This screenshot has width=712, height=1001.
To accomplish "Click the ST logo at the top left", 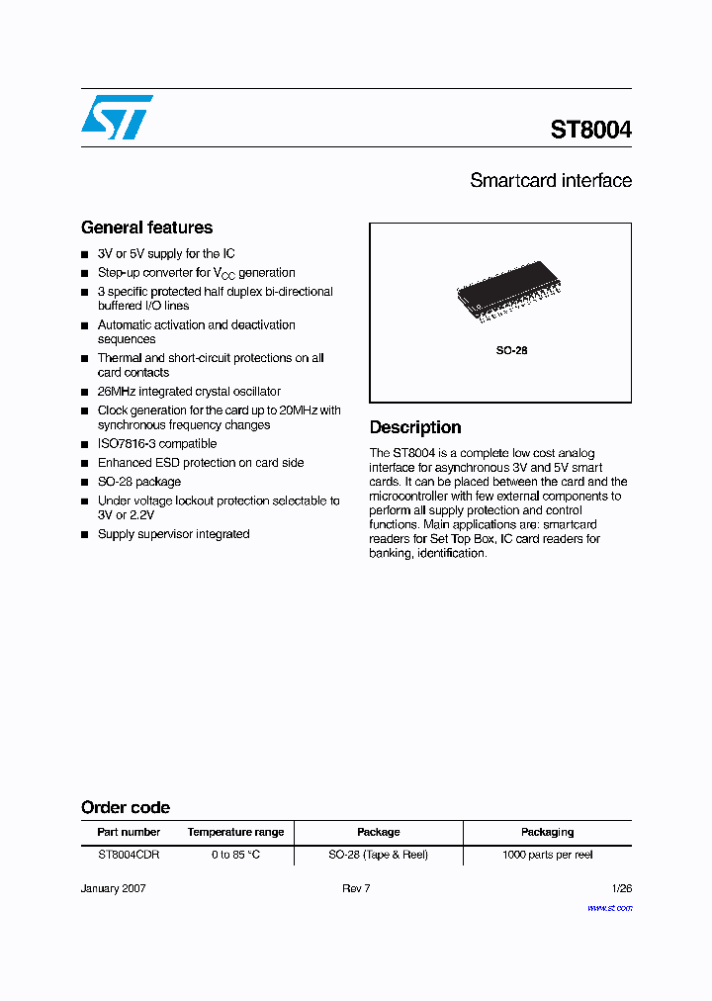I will (117, 117).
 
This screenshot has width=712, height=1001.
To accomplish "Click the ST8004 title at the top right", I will (590, 130).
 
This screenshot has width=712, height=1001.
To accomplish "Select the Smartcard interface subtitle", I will (551, 181).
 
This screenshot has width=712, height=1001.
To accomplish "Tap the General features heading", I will (146, 227).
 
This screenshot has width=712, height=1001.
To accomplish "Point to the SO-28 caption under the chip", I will (511, 351).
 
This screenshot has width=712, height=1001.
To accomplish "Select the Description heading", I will (415, 427).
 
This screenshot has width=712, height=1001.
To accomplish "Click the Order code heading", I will (126, 807).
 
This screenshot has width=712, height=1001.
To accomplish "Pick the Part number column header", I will (129, 833).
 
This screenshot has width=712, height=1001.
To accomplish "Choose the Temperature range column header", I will (235, 833).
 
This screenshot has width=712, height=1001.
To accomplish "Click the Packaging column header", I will (547, 833).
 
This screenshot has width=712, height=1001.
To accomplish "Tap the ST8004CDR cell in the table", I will (129, 855).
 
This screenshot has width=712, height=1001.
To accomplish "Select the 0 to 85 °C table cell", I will (235, 855).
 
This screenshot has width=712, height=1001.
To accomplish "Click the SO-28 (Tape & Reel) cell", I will (379, 855).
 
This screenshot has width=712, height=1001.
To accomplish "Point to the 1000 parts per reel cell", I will (547, 855).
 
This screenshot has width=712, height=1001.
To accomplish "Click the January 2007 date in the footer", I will (113, 888).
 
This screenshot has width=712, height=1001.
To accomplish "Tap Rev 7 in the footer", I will (356, 888).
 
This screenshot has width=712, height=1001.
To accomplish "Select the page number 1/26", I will (621, 888).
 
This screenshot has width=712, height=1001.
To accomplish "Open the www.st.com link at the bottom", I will (609, 907).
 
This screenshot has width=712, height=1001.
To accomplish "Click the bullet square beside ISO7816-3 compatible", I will (85, 444).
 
